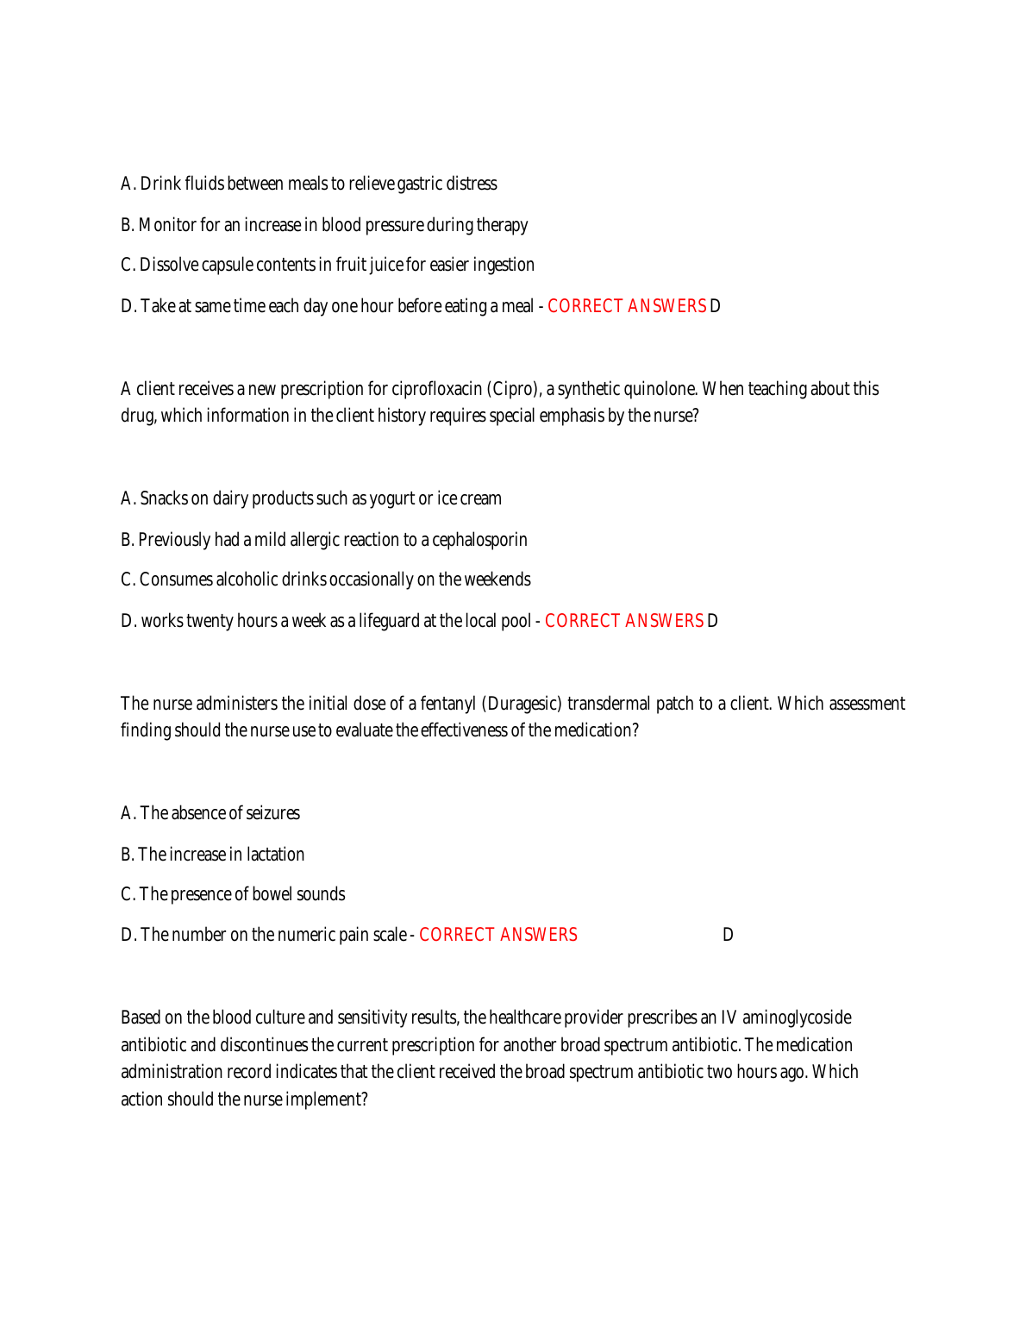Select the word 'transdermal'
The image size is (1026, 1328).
click(609, 704)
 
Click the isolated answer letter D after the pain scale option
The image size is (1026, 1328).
click(728, 935)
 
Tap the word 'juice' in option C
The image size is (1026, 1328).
click(386, 265)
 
